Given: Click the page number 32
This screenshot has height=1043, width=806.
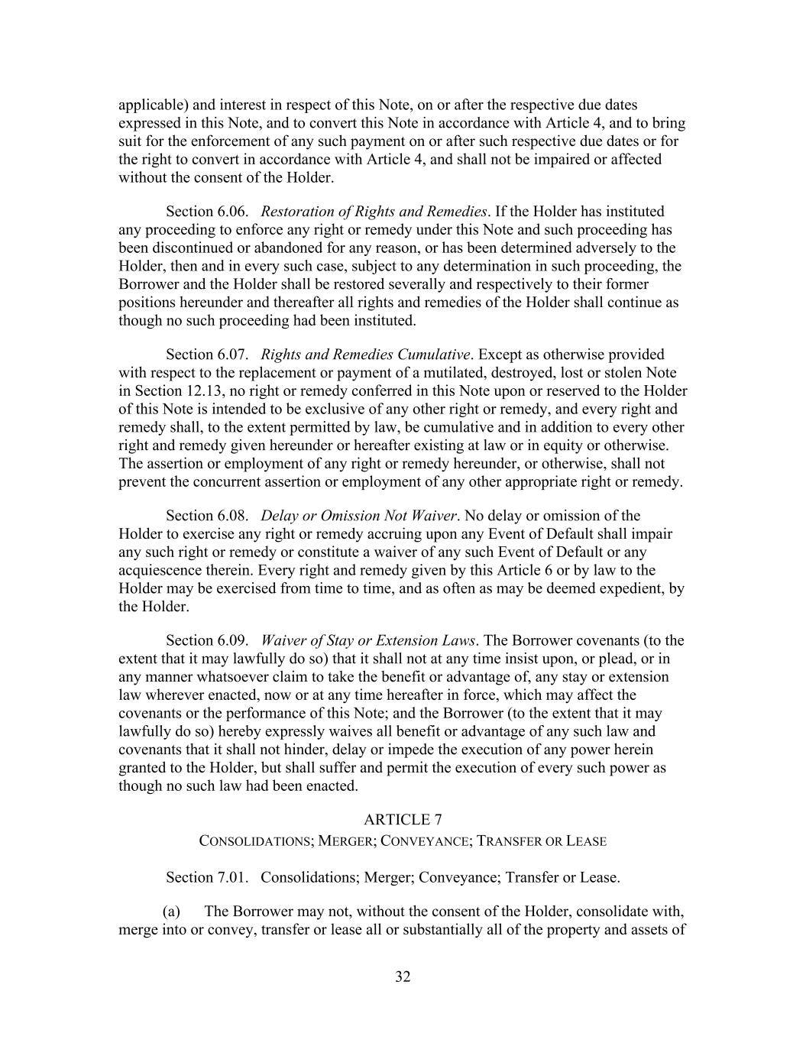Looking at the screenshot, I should coord(403,977).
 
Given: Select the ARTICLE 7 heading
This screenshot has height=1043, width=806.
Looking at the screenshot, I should coord(403,820).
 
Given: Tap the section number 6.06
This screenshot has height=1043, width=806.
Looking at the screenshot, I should coord(231,211).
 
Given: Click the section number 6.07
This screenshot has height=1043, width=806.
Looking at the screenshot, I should coord(231,354).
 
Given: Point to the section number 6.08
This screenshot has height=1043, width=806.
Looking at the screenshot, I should coord(231,515).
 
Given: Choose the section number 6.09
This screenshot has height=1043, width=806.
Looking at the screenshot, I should coord(231,640).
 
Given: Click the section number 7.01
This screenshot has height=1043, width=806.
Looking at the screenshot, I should coord(231,877).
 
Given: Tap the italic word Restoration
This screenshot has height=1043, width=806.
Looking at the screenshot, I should coord(295,211).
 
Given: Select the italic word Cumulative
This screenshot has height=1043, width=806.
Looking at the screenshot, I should coord(435,354).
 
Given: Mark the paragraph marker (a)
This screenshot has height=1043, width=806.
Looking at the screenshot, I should coord(171,911).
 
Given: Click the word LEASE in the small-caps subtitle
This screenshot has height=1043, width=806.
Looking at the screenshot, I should coord(587,841).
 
